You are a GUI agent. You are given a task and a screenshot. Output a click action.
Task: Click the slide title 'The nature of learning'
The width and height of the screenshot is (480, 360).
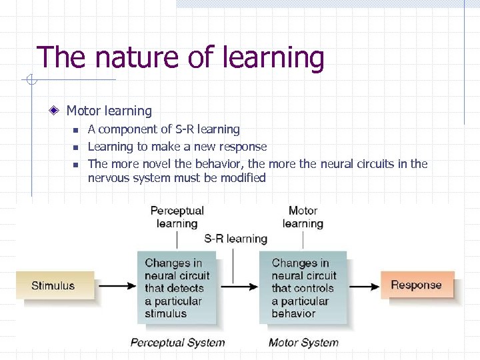(180, 57)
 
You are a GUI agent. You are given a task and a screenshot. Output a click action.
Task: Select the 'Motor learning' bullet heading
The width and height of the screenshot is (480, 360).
(109, 111)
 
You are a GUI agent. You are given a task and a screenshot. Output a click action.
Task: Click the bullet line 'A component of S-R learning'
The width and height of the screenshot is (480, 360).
(163, 129)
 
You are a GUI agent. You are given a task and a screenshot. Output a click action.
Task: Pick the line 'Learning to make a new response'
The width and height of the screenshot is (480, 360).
(177, 146)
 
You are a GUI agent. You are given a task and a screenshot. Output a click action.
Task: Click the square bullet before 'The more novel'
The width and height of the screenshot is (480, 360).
(76, 164)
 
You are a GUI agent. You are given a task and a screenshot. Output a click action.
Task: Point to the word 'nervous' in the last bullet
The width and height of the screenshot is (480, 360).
(108, 178)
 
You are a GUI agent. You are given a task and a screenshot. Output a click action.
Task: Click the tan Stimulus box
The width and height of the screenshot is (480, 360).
(54, 285)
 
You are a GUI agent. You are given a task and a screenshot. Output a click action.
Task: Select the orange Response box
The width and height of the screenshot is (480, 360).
(417, 285)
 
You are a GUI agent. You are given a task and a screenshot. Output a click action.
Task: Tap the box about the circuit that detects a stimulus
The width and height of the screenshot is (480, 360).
(177, 287)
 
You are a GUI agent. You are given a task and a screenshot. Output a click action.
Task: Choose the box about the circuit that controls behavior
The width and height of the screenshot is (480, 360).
(303, 287)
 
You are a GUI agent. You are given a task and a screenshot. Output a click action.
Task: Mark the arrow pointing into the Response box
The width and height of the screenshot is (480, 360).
(363, 286)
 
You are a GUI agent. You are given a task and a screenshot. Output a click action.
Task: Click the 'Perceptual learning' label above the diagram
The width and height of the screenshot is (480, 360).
(177, 217)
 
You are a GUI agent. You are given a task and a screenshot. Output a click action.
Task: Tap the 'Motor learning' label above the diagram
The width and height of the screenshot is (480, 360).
(303, 217)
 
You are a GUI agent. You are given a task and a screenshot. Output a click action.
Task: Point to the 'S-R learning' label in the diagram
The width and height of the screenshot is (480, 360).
(236, 238)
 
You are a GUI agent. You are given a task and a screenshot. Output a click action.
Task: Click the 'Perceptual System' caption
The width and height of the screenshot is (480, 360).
(177, 343)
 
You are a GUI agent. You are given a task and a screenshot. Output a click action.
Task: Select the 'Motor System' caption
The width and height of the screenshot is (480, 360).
(303, 343)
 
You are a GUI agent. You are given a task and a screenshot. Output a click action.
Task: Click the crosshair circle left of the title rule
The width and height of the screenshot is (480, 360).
(29, 81)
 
